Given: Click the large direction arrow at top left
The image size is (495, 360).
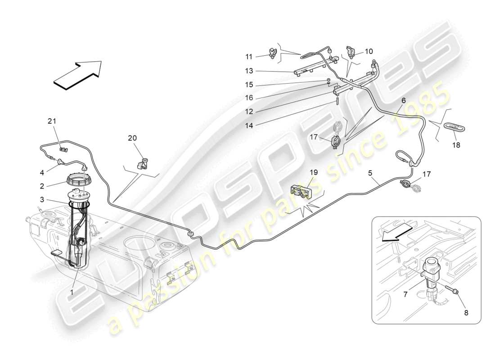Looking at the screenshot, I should point(77,72).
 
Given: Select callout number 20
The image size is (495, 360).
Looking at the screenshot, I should point(132,138).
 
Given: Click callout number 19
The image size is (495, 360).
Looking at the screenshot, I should point(313,172).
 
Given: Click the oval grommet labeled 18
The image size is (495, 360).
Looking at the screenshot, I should point(453,126).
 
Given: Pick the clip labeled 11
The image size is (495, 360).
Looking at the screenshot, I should point(272,53).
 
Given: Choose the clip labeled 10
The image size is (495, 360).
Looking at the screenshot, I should point(351,51).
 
